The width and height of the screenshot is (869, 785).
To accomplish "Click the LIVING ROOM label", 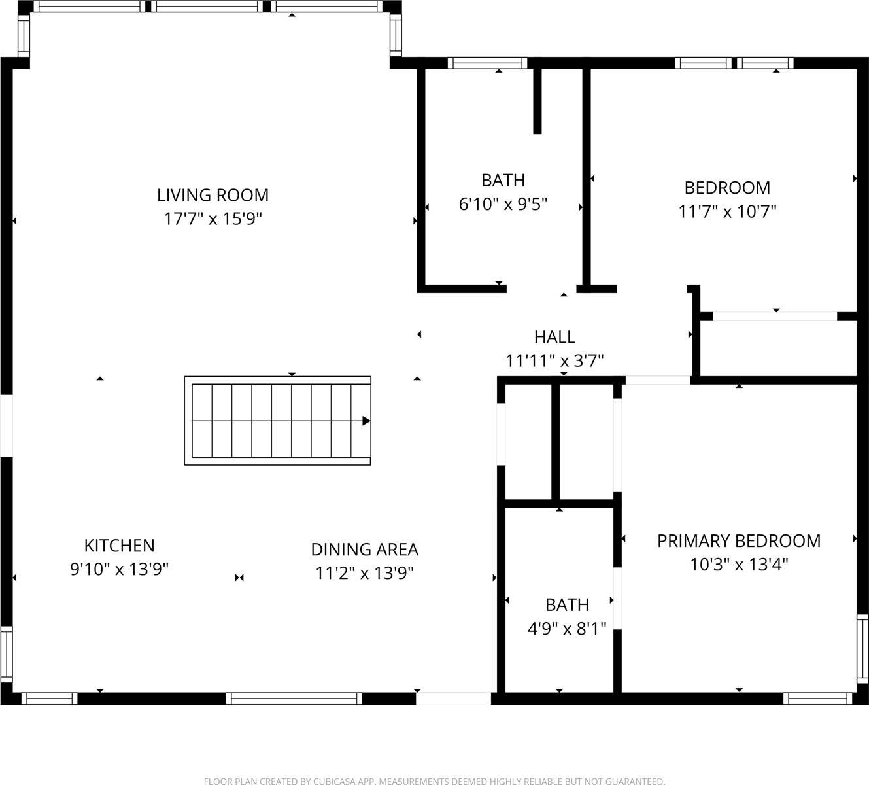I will (x=213, y=195).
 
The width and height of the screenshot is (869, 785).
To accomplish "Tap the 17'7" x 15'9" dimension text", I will (x=213, y=218).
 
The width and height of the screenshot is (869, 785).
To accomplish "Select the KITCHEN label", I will (x=119, y=546).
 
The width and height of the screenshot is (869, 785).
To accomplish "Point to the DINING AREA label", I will (x=364, y=549).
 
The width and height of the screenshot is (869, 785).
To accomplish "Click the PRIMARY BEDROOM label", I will (x=739, y=541).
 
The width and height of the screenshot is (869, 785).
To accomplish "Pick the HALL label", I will (x=554, y=337).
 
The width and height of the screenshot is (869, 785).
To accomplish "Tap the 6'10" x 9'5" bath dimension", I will (x=503, y=204).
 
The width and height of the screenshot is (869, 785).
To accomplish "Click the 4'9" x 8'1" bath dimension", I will (x=567, y=629).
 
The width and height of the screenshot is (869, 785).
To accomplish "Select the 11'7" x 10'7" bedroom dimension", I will (x=727, y=211).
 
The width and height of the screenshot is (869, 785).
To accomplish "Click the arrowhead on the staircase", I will (x=366, y=421).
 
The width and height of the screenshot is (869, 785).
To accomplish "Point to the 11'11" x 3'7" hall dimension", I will (x=554, y=360).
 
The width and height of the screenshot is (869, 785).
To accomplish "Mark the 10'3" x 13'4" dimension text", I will (x=739, y=565).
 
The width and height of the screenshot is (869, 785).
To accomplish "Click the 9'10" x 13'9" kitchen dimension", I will (x=119, y=569).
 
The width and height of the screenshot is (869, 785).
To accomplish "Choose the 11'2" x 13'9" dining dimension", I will (x=364, y=573).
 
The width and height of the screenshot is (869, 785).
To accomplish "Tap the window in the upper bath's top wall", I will (x=488, y=63).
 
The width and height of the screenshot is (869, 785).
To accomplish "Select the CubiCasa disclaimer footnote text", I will (x=434, y=780).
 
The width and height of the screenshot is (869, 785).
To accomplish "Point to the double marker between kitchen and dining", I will (x=239, y=578).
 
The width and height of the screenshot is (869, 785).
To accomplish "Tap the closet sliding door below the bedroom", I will (x=775, y=316).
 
